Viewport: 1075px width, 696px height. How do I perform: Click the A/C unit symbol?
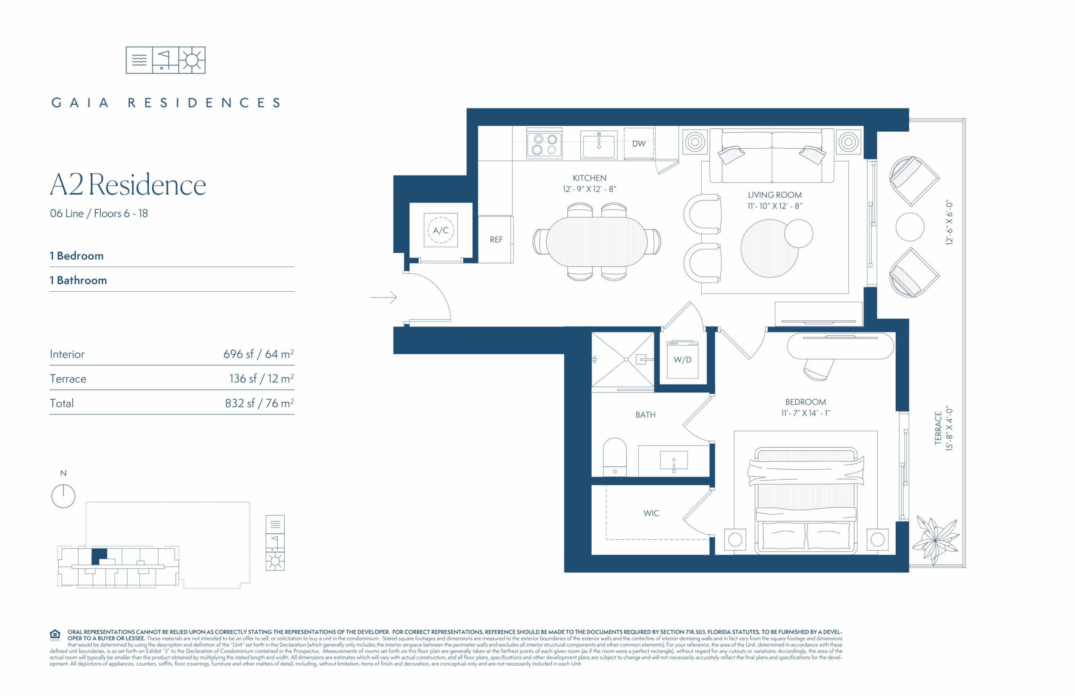(440, 230)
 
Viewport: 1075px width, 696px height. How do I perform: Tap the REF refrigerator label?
(496, 240)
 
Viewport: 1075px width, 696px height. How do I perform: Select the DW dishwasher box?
(639, 143)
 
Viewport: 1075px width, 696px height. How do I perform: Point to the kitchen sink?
(599, 144)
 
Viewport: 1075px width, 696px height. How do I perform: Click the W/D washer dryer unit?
(683, 359)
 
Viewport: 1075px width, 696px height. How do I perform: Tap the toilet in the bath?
(615, 456)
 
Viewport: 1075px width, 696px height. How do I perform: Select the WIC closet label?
(651, 513)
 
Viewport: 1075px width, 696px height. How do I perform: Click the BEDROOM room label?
(805, 402)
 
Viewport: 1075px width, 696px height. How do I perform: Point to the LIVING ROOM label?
(775, 195)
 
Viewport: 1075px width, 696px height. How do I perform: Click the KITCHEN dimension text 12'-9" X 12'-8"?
(589, 189)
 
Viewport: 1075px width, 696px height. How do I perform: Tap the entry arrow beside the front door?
(383, 298)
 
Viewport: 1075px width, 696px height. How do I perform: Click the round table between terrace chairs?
(910, 227)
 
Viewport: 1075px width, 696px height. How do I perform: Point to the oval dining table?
(596, 242)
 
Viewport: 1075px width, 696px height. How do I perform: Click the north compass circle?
(63, 496)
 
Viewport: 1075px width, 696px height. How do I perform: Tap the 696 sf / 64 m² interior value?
(259, 354)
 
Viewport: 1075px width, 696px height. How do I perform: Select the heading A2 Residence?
(128, 185)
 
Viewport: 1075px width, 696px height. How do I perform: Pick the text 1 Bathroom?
(78, 280)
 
